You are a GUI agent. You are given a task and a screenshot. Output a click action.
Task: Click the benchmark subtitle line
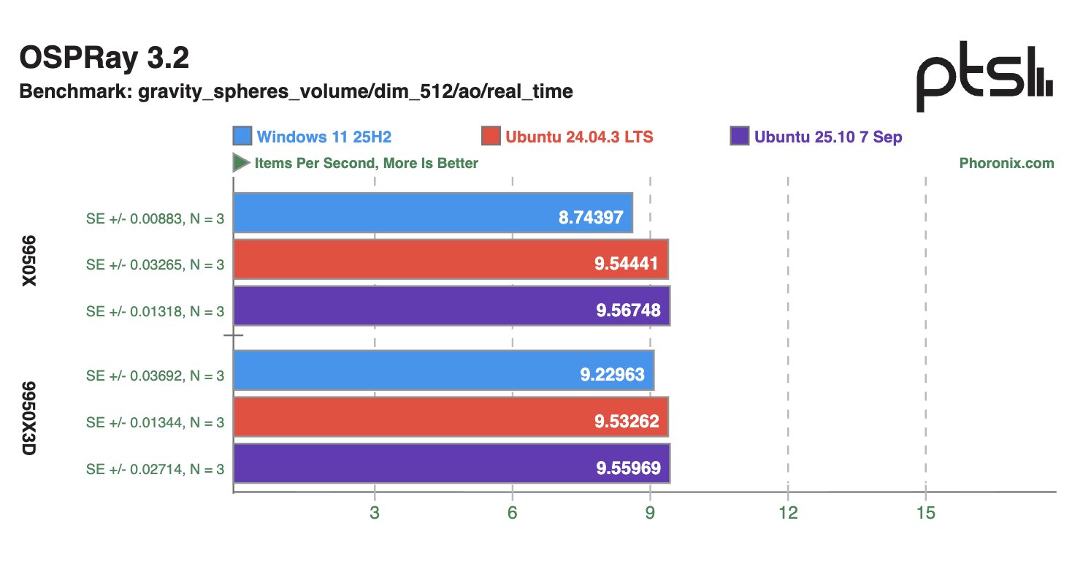pyautogui.click(x=296, y=91)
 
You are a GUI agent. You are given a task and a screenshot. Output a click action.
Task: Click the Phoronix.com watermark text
pyautogui.click(x=1006, y=163)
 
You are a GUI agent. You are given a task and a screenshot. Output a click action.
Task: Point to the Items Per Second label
pyautogui.click(x=365, y=163)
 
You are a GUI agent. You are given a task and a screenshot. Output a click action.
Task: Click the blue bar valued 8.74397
pyautogui.click(x=433, y=213)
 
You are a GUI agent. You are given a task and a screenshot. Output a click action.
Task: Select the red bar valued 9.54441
pyautogui.click(x=451, y=259)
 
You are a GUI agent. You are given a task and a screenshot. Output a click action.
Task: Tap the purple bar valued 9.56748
pyautogui.click(x=451, y=306)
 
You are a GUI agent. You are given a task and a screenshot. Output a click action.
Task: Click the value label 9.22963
pyautogui.click(x=612, y=375)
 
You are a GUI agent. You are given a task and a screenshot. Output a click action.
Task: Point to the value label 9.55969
pyautogui.click(x=628, y=468)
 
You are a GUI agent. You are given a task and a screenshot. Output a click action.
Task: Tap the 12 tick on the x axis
pyautogui.click(x=788, y=514)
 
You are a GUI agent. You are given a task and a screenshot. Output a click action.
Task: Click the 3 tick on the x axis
pyautogui.click(x=375, y=514)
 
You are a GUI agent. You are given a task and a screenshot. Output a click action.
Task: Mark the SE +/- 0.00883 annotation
pyautogui.click(x=155, y=217)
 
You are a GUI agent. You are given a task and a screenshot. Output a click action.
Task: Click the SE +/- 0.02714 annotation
pyautogui.click(x=155, y=469)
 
